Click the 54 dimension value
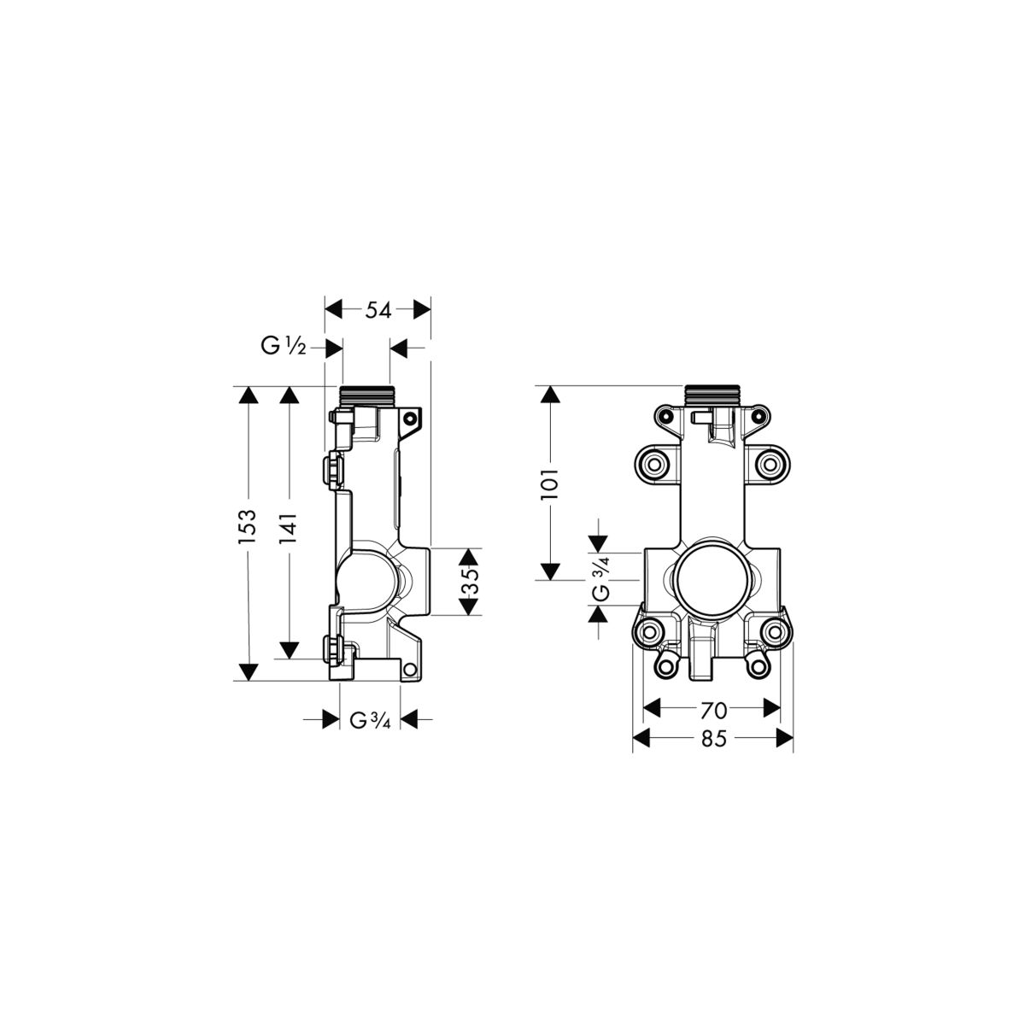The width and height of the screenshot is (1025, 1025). [x=378, y=310]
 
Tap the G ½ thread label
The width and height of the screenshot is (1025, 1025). [x=283, y=348]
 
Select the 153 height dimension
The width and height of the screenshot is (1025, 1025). [x=248, y=526]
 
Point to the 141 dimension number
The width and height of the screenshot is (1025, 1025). [x=288, y=528]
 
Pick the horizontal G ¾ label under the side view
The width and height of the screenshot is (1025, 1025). [x=370, y=720]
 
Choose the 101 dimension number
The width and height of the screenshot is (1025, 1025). [x=549, y=483]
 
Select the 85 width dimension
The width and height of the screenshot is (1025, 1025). [x=713, y=738]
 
